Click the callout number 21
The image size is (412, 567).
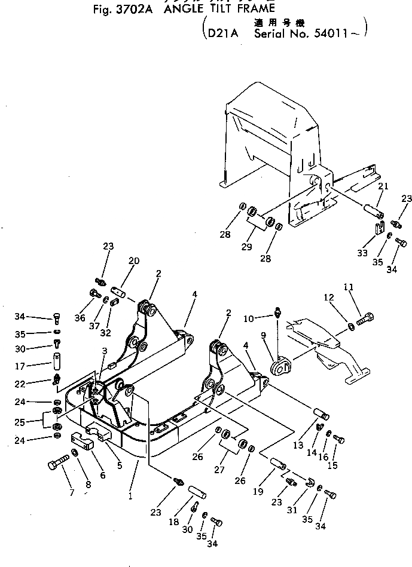point(383,187)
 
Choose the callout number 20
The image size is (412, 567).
point(134,260)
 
